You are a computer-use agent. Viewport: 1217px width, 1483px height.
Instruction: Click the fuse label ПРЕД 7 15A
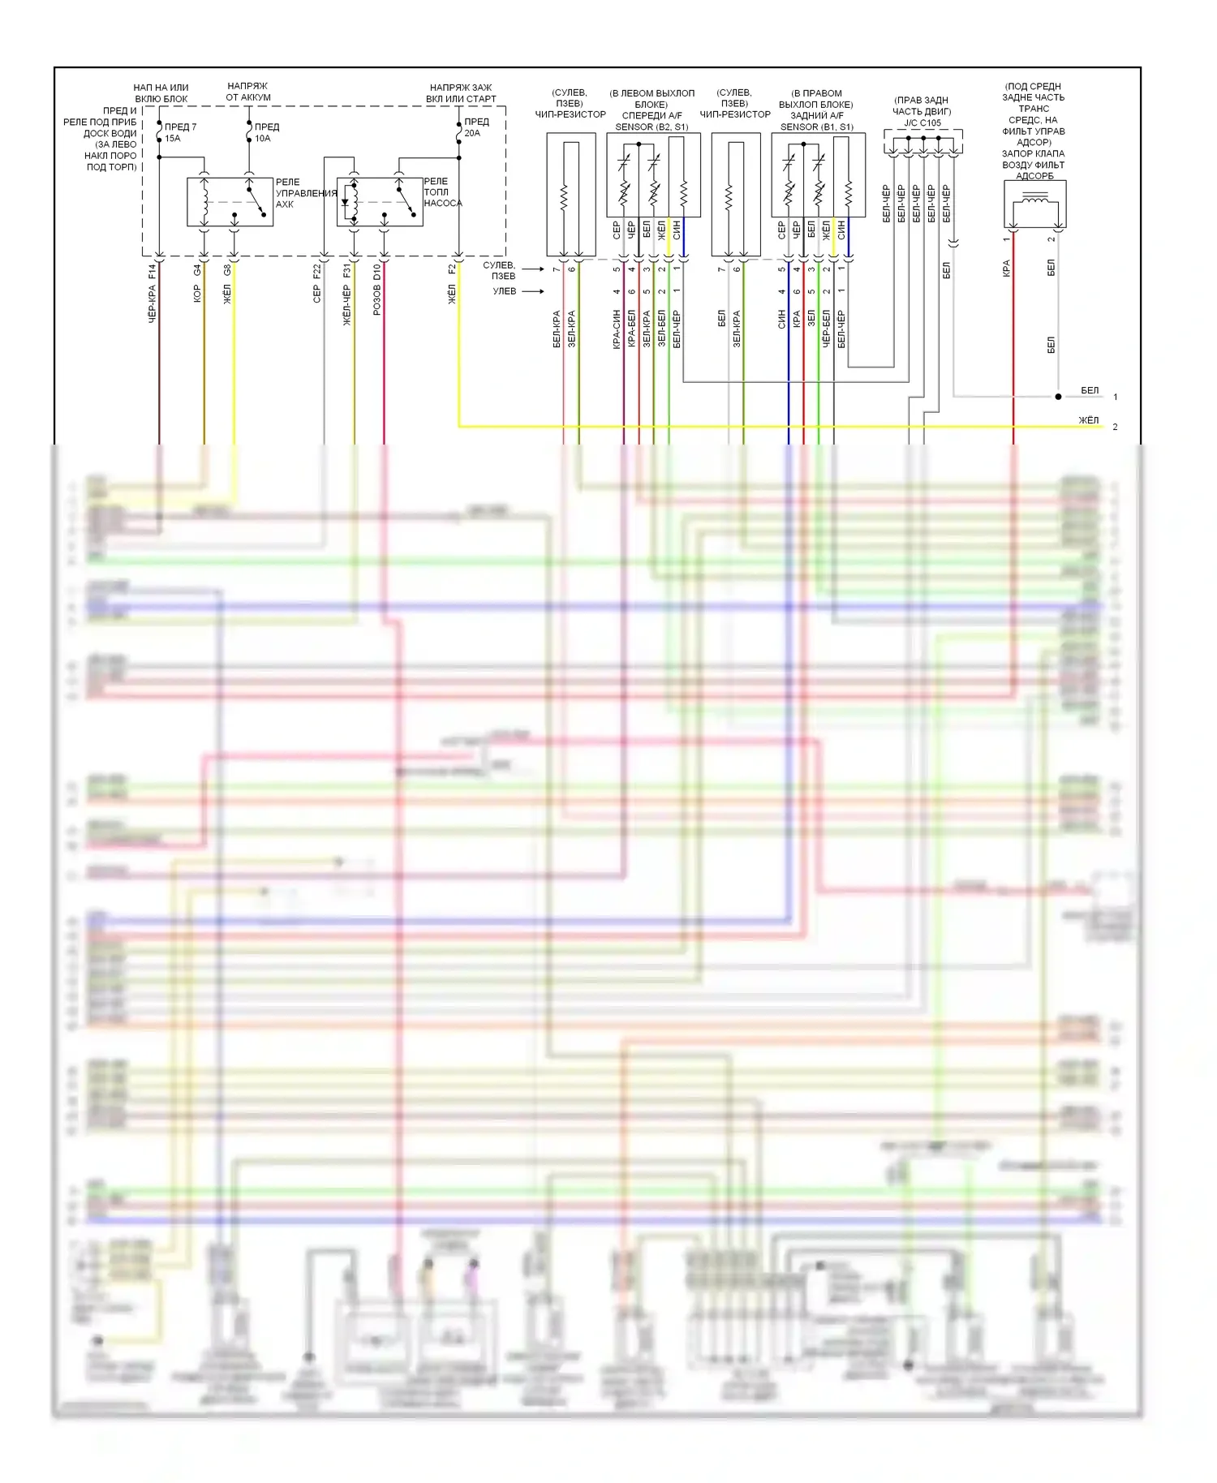click(179, 132)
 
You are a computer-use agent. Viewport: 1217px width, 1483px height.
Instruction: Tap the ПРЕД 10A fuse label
click(266, 132)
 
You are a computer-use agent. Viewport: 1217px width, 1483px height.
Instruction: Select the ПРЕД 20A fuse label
click(476, 127)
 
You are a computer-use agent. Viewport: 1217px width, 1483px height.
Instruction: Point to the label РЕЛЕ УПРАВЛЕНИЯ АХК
click(306, 193)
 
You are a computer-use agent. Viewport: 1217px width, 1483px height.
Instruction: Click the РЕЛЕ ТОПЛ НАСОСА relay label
click(442, 192)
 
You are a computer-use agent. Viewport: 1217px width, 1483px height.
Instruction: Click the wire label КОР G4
click(197, 284)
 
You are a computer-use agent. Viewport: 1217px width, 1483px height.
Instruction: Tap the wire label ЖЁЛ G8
click(227, 284)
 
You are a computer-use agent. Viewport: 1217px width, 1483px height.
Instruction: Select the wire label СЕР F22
click(317, 284)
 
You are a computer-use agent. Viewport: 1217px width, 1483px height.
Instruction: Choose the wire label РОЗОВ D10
click(377, 290)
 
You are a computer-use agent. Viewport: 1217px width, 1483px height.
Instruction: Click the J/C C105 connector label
click(922, 123)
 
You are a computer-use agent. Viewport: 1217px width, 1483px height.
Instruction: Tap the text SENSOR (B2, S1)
click(652, 127)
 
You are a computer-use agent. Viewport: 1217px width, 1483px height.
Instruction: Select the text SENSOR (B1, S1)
click(816, 127)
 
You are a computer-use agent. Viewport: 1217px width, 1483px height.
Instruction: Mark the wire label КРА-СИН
click(617, 329)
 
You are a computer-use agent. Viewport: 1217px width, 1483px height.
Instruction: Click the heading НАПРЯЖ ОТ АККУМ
click(248, 92)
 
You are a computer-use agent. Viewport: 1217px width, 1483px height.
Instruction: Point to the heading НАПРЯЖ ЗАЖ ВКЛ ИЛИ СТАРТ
click(461, 93)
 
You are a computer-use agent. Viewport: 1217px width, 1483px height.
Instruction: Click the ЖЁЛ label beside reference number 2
click(1088, 420)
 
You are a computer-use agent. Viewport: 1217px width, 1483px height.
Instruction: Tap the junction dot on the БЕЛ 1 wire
click(1058, 397)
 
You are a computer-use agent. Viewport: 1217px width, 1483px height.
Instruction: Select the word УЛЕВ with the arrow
click(505, 291)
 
